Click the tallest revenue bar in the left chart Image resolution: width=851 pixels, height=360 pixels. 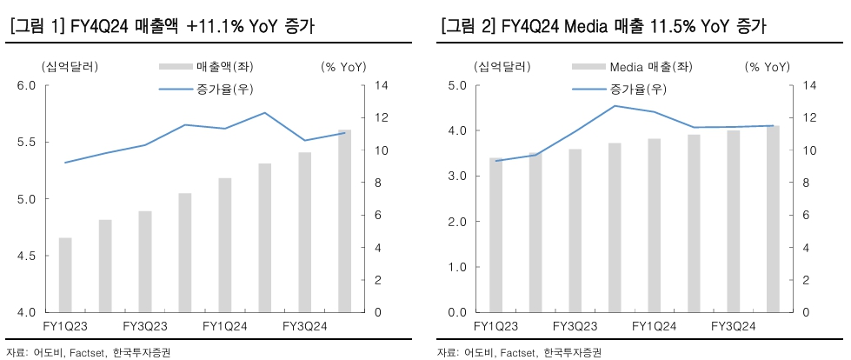pos(344,221)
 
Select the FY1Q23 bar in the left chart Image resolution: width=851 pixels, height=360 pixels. pos(65,275)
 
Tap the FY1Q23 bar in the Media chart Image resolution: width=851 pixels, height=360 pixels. pos(496,235)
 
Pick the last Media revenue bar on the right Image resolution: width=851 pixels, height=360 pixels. pos(773,219)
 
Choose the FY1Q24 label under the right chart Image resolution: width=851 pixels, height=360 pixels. pos(654,326)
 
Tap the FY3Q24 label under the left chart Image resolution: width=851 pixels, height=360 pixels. pos(305,326)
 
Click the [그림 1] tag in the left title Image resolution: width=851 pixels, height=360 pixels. pos(37,27)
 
